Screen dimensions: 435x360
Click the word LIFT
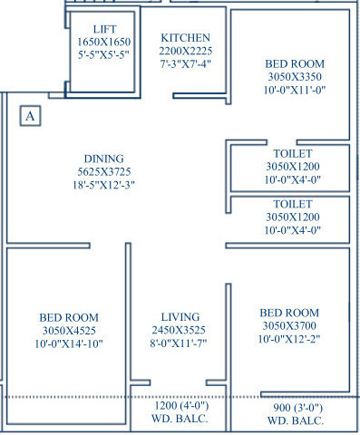click(x=105, y=30)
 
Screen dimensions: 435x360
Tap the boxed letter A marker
click(x=31, y=115)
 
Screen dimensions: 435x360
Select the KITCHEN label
click(x=186, y=37)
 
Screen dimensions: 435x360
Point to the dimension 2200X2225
click(x=186, y=53)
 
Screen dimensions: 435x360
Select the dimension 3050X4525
click(x=63, y=331)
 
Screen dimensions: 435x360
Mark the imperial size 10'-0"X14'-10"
click(x=63, y=344)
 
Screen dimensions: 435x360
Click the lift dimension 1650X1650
click(x=105, y=43)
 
